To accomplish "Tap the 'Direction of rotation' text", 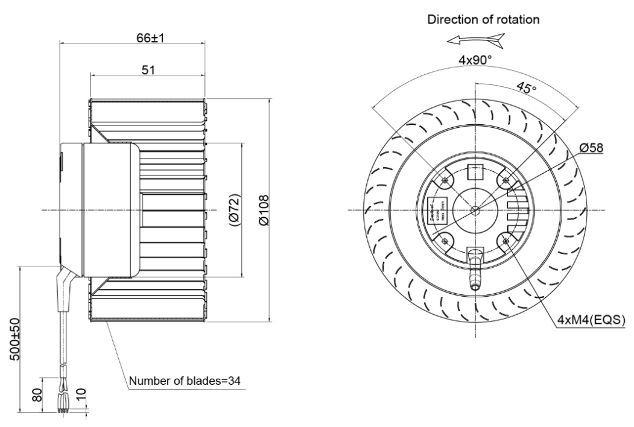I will [484, 19].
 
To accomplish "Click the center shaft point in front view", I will [475, 210].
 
